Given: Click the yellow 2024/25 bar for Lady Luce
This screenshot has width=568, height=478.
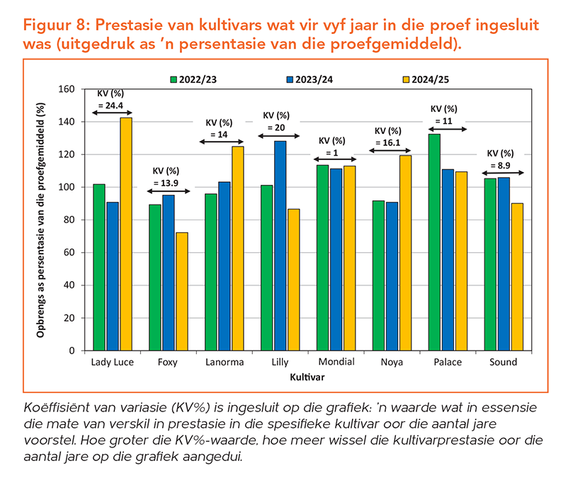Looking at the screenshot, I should pos(125,234).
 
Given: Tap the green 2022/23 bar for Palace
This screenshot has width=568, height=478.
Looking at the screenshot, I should pos(433,241).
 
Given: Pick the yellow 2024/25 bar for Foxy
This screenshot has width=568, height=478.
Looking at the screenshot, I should pos(181,291).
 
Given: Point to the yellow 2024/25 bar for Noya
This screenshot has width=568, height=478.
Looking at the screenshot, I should pos(406,252).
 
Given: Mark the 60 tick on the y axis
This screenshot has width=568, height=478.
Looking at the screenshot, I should pos(69,253).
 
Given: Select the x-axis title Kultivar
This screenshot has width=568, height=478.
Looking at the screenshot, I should pos(307,377).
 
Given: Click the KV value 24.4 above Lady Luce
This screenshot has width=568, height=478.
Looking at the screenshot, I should pos(115,105).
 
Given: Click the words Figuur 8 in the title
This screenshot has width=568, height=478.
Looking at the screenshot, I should pos(55,24).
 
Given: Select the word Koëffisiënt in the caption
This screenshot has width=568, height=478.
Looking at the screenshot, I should pos(59,409).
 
